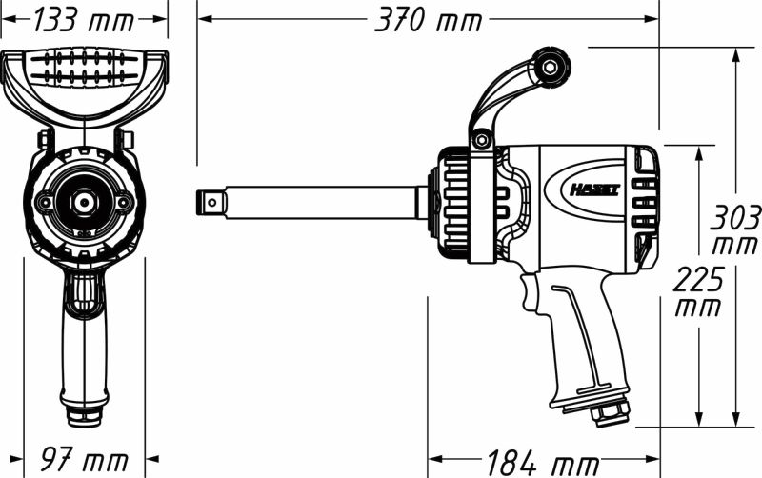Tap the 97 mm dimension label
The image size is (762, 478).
pyautogui.click(x=83, y=461)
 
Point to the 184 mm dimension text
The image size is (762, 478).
pyautogui.click(x=542, y=463)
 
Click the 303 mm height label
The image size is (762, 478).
pyautogui.click(x=735, y=229)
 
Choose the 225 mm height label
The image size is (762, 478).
pyautogui.click(x=697, y=290)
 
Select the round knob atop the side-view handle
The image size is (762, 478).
pyautogui.click(x=551, y=67)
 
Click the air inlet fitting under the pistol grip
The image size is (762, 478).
pyautogui.click(x=610, y=411)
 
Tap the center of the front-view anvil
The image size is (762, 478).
pyautogui.click(x=83, y=202)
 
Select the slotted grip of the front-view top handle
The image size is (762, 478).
pyautogui.click(x=84, y=68)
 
